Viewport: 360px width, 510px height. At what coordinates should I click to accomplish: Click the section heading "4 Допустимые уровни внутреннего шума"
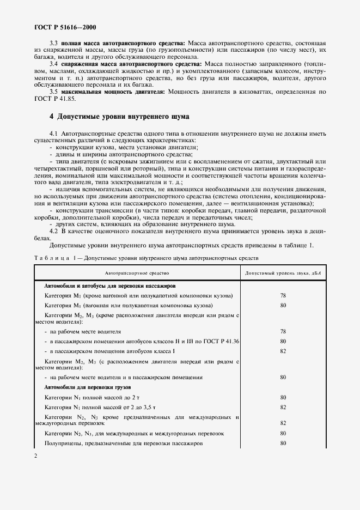119,116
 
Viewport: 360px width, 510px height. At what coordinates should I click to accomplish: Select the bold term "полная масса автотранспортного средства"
123,42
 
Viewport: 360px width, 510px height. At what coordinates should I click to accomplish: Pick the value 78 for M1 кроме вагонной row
283,295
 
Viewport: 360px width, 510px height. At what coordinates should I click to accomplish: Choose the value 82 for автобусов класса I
283,351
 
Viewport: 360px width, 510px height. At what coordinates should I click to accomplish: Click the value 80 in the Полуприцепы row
283,444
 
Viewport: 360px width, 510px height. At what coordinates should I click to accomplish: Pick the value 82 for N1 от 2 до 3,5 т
283,407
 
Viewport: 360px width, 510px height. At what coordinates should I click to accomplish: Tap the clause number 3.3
54,42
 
